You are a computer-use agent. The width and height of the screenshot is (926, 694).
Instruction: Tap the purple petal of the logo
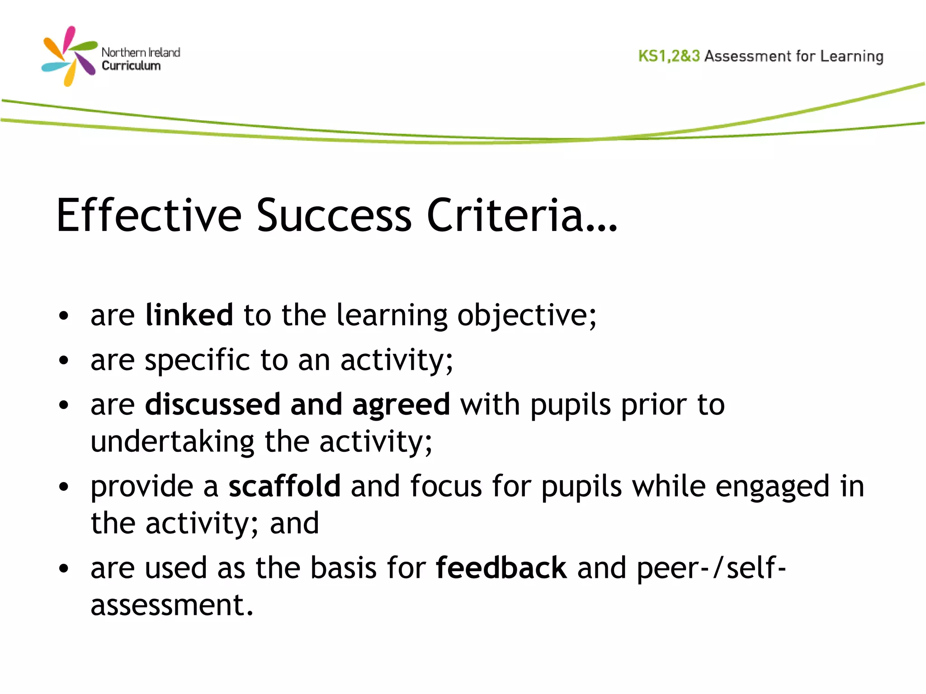pos(86,64)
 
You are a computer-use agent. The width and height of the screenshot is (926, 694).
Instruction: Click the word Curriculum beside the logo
pos(131,66)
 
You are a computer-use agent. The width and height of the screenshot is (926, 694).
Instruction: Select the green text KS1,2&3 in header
pos(669,56)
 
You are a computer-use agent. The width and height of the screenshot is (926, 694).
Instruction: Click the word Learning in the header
pos(852,56)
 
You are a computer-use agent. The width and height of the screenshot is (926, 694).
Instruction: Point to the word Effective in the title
pos(149,216)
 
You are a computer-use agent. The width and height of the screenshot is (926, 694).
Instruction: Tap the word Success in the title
pos(334,216)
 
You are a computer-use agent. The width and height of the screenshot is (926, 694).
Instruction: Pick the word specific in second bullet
pos(197,361)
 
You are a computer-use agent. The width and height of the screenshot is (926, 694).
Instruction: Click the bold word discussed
pos(213,404)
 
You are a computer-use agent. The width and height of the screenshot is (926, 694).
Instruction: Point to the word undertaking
pos(172,442)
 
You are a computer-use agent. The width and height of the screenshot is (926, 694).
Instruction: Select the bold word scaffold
pos(284,486)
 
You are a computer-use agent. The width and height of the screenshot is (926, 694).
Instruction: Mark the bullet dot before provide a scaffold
pos(64,487)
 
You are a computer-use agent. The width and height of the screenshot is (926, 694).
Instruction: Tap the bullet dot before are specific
pos(64,361)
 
